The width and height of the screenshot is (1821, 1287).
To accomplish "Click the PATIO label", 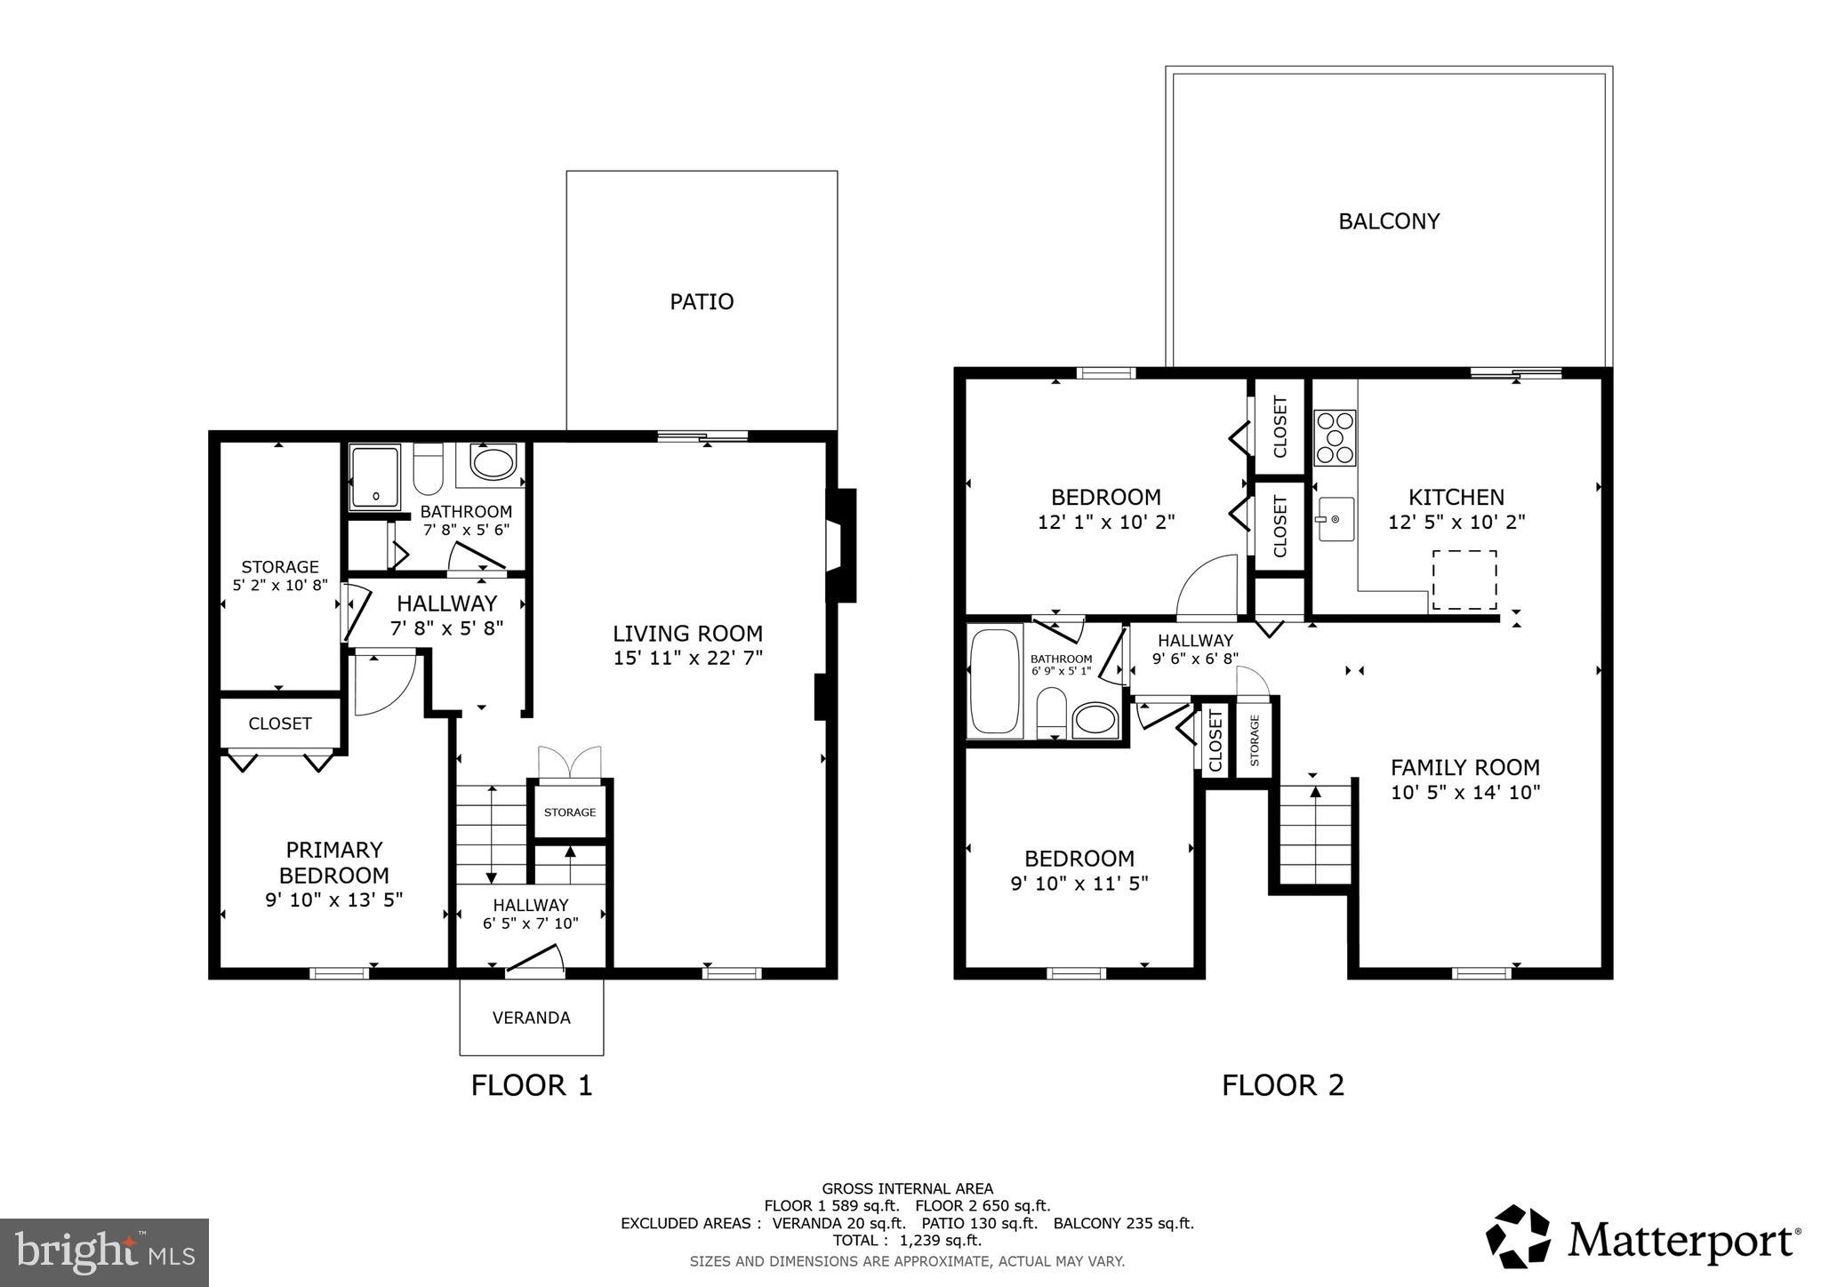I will tap(702, 302).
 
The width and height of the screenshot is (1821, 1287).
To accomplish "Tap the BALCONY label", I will tap(1389, 221).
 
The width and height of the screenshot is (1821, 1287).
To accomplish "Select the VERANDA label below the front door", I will tap(531, 1018).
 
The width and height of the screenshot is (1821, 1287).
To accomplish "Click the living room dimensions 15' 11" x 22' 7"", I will tap(687, 659).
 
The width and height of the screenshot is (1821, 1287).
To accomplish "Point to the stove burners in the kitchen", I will tap(1335, 438).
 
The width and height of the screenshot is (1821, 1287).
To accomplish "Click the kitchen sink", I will tap(1336, 519).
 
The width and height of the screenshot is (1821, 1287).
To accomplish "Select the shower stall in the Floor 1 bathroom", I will tap(375, 476).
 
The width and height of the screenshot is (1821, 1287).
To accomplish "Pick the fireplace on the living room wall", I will tap(838, 546).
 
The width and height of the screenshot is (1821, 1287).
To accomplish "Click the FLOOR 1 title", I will tap(531, 1085).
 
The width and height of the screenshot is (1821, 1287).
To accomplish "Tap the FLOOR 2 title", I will tap(1282, 1085).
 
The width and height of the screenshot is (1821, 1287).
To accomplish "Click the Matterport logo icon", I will tap(1518, 1236).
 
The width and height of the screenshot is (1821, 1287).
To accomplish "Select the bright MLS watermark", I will tap(104, 1252).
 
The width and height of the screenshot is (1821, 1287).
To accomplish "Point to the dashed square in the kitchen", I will tap(1463, 580).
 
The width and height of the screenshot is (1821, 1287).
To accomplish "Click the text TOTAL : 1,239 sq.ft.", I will tap(907, 1240).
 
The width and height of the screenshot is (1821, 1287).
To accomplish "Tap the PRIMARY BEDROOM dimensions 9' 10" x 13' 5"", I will tap(334, 899).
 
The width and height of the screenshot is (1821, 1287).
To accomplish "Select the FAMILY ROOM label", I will tap(1464, 767).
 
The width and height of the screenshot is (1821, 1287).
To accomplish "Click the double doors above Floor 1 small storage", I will tap(569, 764).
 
